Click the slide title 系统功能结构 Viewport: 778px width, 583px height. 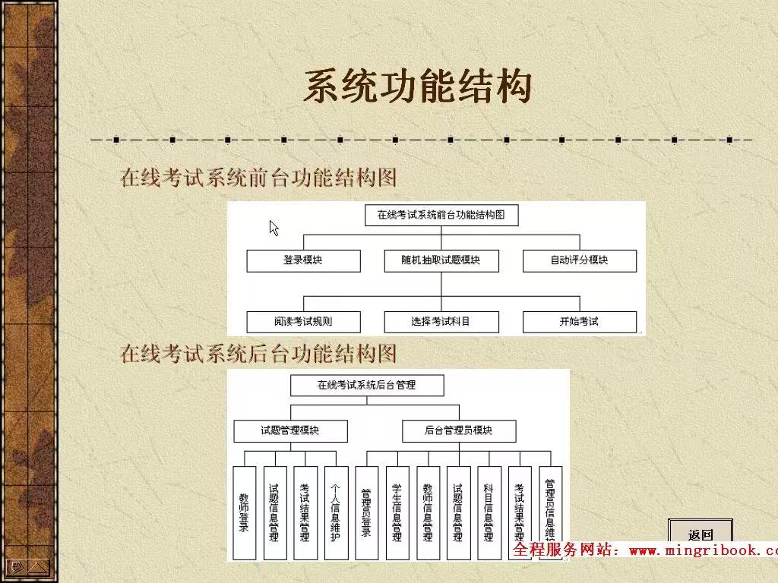coord(417,87)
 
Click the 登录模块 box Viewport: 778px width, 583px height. coord(302,260)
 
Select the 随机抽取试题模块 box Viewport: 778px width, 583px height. coord(441,260)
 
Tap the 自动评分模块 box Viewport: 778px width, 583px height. coord(579,260)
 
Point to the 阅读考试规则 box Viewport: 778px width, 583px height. coord(302,321)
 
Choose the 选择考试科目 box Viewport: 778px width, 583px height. coord(441,321)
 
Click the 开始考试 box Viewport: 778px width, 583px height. coord(579,321)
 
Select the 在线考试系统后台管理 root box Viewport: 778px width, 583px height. coord(366,385)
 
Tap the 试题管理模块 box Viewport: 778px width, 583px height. coord(290,430)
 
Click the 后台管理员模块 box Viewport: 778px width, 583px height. coord(458,430)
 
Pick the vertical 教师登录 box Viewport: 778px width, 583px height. coord(244,512)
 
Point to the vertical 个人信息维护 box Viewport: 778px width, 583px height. coord(336,512)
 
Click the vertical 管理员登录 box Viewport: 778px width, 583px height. coord(366,512)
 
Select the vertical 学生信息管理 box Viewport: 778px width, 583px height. coord(397,512)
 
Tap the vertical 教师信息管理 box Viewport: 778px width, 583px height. coord(428,512)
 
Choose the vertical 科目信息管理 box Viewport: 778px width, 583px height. coord(489,512)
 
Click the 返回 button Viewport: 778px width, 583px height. coord(700,534)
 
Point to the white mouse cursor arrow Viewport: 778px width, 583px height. coord(274,228)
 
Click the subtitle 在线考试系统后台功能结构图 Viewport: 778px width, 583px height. coord(259,354)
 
